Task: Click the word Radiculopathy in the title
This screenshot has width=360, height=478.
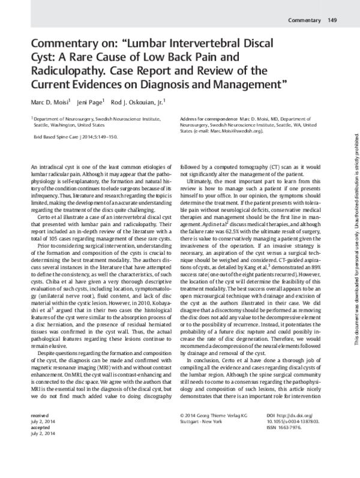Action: coord(63,70)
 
